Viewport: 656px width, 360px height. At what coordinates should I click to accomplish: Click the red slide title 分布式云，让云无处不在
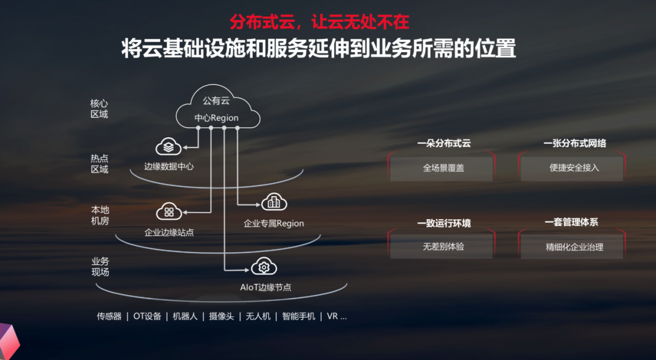click(319, 21)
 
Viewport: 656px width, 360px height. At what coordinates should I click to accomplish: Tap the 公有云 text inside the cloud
click(216, 101)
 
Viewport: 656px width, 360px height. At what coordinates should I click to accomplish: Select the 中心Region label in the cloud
click(216, 118)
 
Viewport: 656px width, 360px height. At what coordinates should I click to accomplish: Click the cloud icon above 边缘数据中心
click(169, 147)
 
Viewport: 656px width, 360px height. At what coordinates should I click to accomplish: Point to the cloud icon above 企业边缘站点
click(169, 211)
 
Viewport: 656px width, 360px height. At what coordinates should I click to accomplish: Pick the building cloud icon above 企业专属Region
click(274, 202)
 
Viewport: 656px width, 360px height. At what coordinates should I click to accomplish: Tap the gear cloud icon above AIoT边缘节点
click(264, 267)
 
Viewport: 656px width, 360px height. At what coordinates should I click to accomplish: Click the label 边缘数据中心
click(169, 166)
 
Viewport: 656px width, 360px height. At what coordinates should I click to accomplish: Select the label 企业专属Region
click(274, 223)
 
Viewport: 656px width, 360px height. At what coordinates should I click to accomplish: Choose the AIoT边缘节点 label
click(265, 287)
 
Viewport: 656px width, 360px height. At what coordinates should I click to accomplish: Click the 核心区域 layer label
click(100, 109)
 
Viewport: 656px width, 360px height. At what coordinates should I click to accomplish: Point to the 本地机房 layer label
click(100, 216)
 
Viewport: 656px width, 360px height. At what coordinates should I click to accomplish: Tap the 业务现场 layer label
click(100, 267)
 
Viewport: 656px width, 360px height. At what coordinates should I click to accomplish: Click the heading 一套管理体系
click(572, 222)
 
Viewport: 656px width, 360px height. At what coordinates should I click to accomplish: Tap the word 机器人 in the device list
click(185, 316)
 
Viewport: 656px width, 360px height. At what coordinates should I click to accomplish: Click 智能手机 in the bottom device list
click(299, 316)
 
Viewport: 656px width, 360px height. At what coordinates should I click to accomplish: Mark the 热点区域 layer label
click(100, 164)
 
